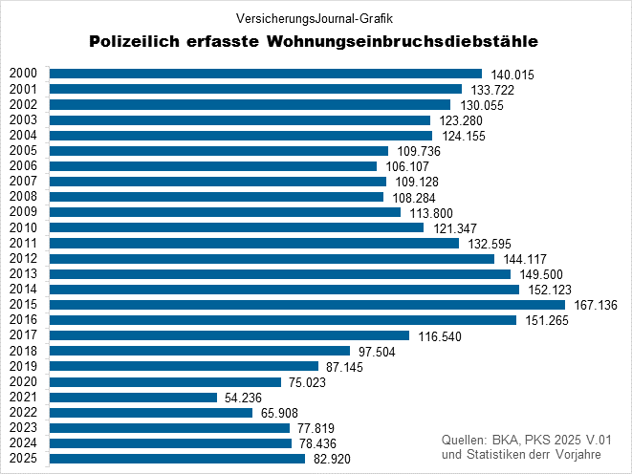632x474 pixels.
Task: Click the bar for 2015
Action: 306,305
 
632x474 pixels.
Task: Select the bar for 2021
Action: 133,397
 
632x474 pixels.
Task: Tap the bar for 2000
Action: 265,74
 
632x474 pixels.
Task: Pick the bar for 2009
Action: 225,212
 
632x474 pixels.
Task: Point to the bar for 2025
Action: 177,459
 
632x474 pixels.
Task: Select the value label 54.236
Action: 245,398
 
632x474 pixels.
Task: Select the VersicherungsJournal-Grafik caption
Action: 316,17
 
